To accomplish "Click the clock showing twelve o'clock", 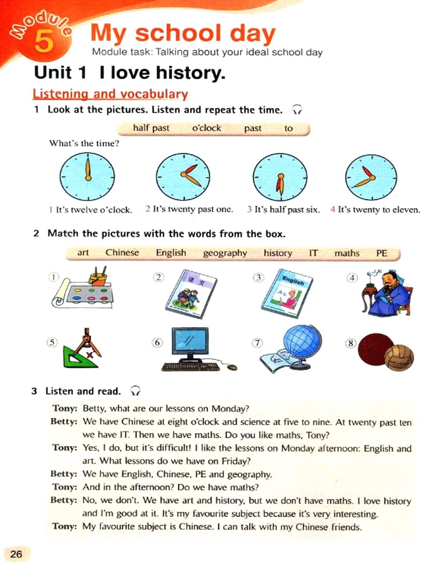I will (x=87, y=176).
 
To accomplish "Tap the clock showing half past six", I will (x=280, y=177).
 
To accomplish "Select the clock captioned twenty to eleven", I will (x=371, y=177).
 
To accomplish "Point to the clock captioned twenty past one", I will (x=183, y=176).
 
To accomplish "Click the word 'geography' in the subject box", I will (x=225, y=253).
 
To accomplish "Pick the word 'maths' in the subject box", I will (x=346, y=253).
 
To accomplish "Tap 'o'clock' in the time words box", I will (x=207, y=128).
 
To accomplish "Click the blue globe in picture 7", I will (x=302, y=342).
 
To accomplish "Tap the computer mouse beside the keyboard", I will (x=232, y=368).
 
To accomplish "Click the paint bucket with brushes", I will (x=98, y=278).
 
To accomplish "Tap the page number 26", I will (x=16, y=554).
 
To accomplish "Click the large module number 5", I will (x=44, y=41).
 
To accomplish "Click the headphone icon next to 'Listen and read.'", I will (x=135, y=391).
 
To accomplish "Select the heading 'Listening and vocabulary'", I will (x=110, y=94).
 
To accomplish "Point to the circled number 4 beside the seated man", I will (x=352, y=278).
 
